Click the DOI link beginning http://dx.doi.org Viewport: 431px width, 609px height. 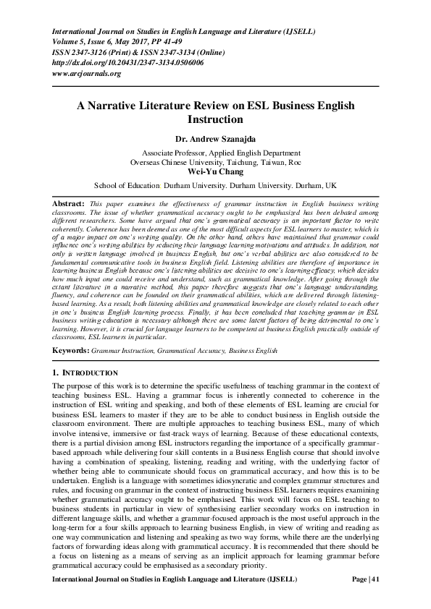[x=127, y=63]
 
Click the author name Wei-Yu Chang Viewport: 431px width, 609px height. [x=215, y=172]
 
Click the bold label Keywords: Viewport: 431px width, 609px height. [x=71, y=351]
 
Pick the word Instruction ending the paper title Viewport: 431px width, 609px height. [x=215, y=119]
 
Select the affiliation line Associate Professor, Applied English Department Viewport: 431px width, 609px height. [x=215, y=153]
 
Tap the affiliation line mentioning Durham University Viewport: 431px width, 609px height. [x=215, y=185]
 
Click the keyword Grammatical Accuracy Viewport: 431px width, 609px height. [x=189, y=351]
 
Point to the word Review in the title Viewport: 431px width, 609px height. [x=222, y=105]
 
